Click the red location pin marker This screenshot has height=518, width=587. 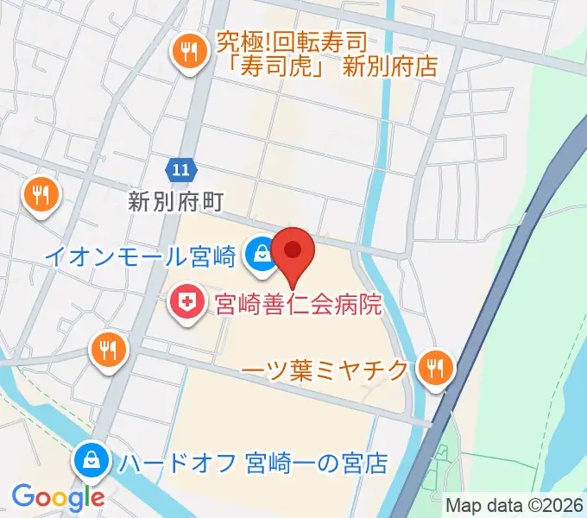click(293, 251)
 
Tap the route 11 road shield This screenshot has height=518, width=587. click(180, 170)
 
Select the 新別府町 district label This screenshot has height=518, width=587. click(176, 202)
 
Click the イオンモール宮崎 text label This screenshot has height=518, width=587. click(140, 256)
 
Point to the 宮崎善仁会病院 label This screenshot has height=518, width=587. click(299, 303)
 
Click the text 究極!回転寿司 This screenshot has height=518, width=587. click(292, 41)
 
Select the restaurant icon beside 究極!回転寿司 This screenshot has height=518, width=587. click(187, 52)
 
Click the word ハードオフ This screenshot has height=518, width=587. click(178, 463)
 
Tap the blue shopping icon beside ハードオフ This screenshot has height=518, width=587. click(90, 460)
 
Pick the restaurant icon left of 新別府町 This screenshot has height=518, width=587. click(41, 194)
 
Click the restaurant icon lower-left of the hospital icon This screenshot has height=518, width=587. click(108, 350)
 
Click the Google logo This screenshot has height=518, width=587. click(58, 497)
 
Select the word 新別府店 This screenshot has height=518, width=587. click(390, 66)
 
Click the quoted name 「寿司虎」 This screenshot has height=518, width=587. click(275, 66)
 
